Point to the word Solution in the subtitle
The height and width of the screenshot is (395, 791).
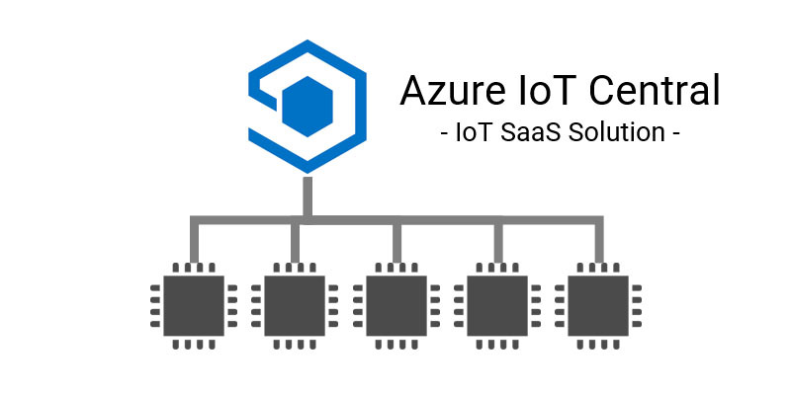(613, 131)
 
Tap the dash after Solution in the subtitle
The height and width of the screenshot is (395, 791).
(674, 132)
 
